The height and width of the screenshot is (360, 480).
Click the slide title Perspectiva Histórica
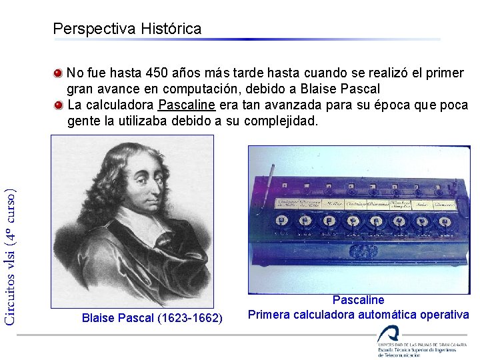coord(127,29)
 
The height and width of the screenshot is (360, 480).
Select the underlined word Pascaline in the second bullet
coord(187,105)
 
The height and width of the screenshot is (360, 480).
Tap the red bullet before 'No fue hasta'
coord(59,72)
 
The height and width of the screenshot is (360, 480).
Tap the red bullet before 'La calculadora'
coord(59,105)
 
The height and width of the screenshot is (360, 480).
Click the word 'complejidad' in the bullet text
coord(281,122)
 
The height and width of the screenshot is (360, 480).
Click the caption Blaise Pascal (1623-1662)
coord(152,318)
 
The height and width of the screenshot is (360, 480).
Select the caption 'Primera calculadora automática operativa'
coord(359,315)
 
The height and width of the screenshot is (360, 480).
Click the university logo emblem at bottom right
coord(387,333)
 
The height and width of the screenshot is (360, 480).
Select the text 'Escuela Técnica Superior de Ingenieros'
coord(417,349)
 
